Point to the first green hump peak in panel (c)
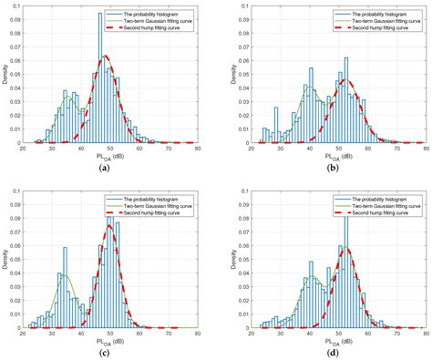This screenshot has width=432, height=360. (x=65, y=275)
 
